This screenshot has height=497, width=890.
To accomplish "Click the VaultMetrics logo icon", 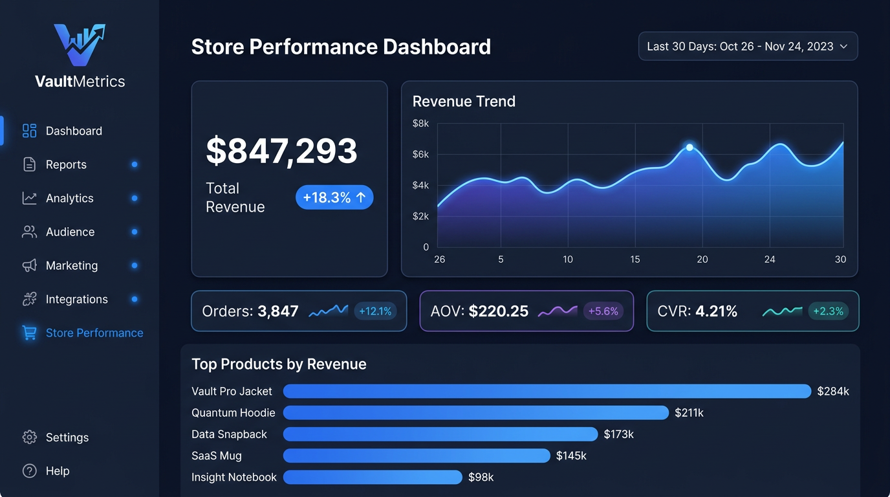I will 80,45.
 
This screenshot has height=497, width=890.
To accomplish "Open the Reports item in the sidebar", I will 65,164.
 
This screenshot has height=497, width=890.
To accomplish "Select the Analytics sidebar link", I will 69,198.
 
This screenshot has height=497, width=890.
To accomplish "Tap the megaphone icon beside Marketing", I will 30,265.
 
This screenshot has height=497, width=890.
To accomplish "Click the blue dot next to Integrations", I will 135,299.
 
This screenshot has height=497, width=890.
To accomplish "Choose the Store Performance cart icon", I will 30,333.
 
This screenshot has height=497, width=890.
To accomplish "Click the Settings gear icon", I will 30,437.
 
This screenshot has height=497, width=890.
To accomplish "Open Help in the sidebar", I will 57,471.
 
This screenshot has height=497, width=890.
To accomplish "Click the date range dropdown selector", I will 748,47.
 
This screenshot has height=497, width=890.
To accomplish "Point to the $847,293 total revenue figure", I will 281,151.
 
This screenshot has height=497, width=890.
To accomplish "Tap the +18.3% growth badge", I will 334,197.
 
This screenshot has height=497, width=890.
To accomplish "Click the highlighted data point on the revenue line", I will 689,148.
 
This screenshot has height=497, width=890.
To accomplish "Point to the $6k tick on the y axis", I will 420,154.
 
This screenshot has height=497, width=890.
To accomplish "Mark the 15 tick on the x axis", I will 635,260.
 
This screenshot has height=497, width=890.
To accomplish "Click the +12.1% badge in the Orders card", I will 375,311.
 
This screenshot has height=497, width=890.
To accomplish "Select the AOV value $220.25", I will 498,311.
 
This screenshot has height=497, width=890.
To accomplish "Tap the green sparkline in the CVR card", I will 783,311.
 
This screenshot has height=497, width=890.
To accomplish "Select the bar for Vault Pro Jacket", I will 547,391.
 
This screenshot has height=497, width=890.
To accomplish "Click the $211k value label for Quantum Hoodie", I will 689,413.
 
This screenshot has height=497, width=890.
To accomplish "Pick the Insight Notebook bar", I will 373,478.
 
